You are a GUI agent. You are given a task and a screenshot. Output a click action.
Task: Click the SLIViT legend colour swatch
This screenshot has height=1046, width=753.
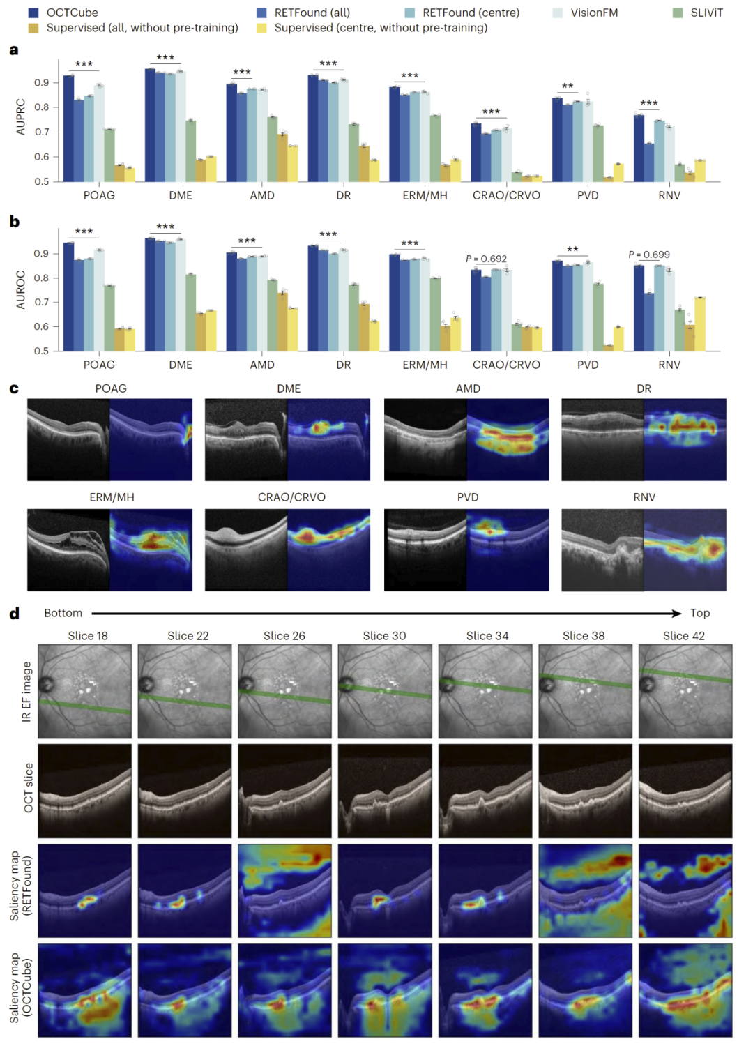(x=678, y=13)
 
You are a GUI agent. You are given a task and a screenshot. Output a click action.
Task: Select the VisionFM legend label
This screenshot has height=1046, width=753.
(x=594, y=13)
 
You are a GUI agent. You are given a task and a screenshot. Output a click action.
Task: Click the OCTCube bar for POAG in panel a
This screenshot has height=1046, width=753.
(x=68, y=128)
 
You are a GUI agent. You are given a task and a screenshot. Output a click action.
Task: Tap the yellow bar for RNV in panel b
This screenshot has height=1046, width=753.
(x=700, y=324)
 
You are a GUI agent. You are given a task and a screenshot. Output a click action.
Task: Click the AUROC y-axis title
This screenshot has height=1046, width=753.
(x=20, y=289)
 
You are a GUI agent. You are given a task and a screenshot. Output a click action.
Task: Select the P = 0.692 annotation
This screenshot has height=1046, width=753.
(x=486, y=259)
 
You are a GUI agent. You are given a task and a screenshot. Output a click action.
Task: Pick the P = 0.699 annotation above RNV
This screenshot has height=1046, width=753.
(x=649, y=255)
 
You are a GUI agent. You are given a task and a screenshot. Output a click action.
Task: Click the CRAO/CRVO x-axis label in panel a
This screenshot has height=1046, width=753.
(x=506, y=195)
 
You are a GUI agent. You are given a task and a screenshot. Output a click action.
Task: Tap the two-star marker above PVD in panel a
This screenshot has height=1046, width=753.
(x=568, y=86)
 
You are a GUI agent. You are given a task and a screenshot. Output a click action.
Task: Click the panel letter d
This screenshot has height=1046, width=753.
(x=15, y=613)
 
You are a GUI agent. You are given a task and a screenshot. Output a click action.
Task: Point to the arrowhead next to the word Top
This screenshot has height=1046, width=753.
(x=677, y=613)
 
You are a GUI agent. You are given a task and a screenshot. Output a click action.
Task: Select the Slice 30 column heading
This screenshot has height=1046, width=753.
(x=384, y=635)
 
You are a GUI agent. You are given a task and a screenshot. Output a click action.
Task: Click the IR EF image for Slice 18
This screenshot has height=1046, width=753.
(x=84, y=691)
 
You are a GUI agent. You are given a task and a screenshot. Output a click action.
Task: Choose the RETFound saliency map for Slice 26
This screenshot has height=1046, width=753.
(x=284, y=890)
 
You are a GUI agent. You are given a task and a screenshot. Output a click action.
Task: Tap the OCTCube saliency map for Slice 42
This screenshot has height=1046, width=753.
(x=685, y=990)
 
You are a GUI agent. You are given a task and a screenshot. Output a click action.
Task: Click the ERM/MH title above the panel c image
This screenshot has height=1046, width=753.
(x=112, y=497)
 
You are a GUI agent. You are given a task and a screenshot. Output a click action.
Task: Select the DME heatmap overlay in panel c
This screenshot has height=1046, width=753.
(x=328, y=439)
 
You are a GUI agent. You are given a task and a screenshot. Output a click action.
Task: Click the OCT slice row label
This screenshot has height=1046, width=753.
(x=28, y=788)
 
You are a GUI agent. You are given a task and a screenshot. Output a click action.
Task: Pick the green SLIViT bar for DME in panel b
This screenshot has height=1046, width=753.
(x=190, y=312)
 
